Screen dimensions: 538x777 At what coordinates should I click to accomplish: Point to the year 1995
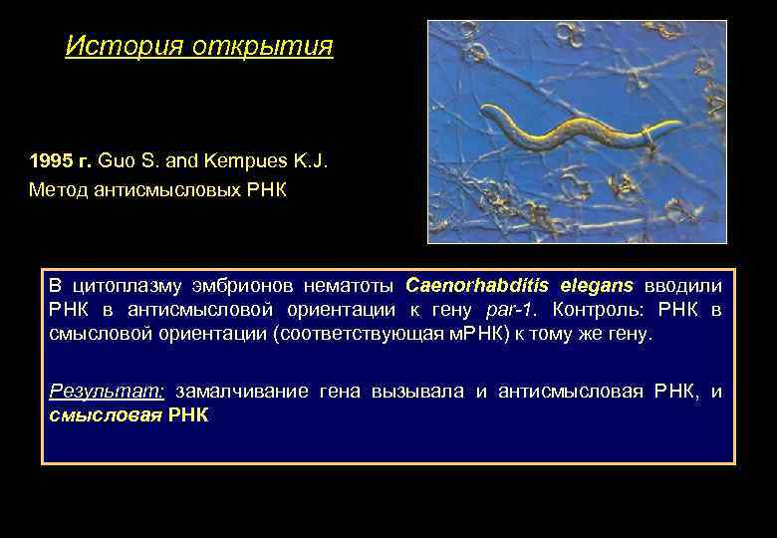point(49,160)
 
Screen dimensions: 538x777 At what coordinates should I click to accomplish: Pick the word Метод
point(57,189)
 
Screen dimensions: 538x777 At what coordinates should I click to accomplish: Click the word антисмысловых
point(168,189)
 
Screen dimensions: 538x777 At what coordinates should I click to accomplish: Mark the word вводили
point(683,285)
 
